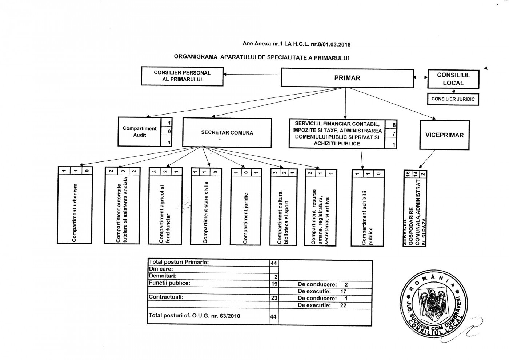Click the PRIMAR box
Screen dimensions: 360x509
pyautogui.click(x=347, y=78)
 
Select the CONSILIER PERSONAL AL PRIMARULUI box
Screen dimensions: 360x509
pyautogui.click(x=182, y=76)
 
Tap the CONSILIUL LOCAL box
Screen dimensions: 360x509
pyautogui.click(x=453, y=79)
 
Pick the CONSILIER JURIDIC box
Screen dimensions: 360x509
pyautogui.click(x=453, y=99)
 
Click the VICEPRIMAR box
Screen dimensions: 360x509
pyautogui.click(x=444, y=135)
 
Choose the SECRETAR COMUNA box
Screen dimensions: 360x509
pyautogui.click(x=227, y=133)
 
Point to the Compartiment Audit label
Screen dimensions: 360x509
pyautogui.click(x=139, y=132)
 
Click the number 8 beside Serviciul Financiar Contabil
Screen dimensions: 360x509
pyautogui.click(x=394, y=125)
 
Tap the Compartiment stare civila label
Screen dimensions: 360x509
pyautogui.click(x=205, y=213)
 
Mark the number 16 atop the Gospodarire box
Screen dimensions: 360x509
pyautogui.click(x=408, y=174)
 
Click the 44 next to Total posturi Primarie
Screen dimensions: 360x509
pyautogui.click(x=274, y=263)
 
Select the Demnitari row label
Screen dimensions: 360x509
pyautogui.click(x=163, y=276)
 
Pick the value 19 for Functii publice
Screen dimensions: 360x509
pyautogui.click(x=274, y=284)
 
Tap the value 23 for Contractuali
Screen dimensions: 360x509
pyautogui.click(x=274, y=297)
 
